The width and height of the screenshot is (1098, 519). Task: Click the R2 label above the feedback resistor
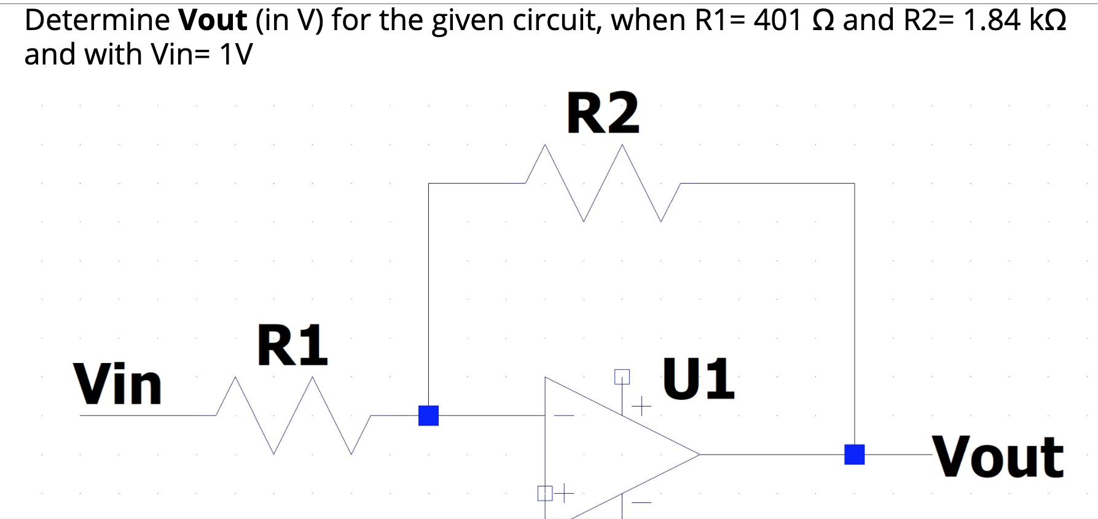pos(603,113)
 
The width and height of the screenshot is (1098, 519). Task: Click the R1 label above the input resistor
pos(292,346)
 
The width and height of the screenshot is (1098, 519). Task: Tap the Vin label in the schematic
pos(118,385)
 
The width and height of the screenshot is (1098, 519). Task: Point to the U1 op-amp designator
pos(698,378)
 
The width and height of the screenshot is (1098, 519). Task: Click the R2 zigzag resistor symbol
pos(602,183)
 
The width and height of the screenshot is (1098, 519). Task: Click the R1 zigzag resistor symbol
pos(293,416)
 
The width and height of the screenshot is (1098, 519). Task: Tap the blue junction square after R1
pos(428,416)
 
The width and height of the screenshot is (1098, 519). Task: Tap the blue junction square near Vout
pos(854,455)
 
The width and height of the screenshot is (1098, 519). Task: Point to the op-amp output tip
pos(699,455)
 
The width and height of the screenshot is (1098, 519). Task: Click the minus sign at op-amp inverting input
pos(563,416)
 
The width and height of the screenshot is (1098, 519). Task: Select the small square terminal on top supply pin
pos(622,376)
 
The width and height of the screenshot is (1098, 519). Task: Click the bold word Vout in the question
pos(213,20)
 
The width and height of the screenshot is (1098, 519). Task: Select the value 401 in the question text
pos(777,20)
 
